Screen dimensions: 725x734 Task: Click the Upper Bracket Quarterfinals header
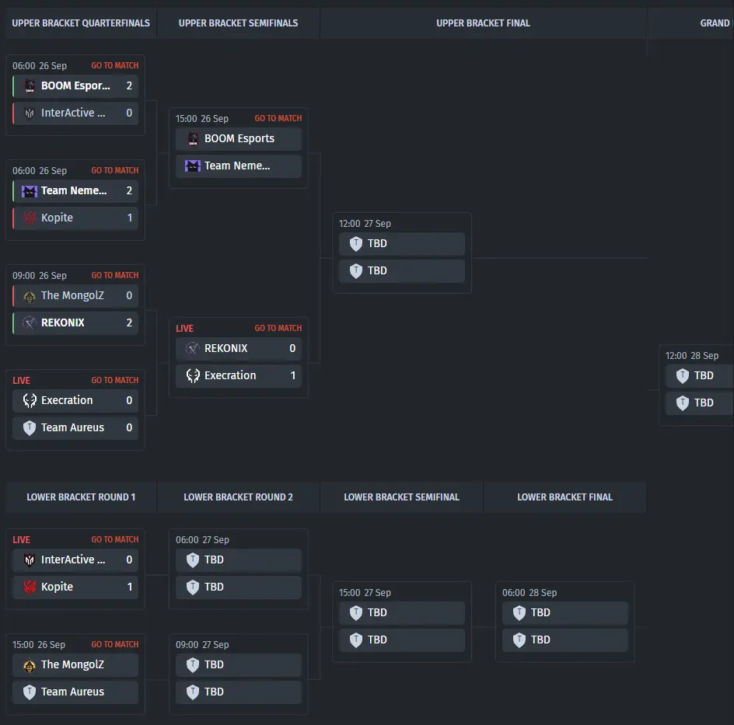(x=81, y=23)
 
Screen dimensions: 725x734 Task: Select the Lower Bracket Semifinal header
(x=401, y=497)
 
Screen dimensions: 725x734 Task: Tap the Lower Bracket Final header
(x=564, y=497)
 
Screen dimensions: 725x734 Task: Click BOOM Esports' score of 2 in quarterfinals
(x=129, y=85)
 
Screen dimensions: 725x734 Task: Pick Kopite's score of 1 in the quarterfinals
(x=129, y=218)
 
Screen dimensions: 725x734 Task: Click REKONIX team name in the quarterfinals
(x=63, y=322)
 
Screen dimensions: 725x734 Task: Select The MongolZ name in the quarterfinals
(x=72, y=295)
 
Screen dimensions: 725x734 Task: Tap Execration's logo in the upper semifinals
(x=193, y=375)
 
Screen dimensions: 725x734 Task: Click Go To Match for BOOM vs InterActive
(x=114, y=66)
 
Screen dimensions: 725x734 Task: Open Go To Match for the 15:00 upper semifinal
(x=278, y=119)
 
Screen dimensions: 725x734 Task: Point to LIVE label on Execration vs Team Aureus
(x=22, y=381)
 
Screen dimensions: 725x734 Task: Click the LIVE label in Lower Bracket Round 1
(x=22, y=540)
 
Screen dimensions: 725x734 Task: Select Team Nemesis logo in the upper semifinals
(x=193, y=166)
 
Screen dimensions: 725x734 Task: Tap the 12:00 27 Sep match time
(x=365, y=224)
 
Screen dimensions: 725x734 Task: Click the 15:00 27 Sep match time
(x=365, y=593)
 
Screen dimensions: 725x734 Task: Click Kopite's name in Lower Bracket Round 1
(x=57, y=587)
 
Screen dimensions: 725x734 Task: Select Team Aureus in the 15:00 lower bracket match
(x=72, y=692)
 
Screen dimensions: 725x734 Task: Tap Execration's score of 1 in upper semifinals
(x=292, y=375)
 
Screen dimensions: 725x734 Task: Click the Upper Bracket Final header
(x=483, y=23)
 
